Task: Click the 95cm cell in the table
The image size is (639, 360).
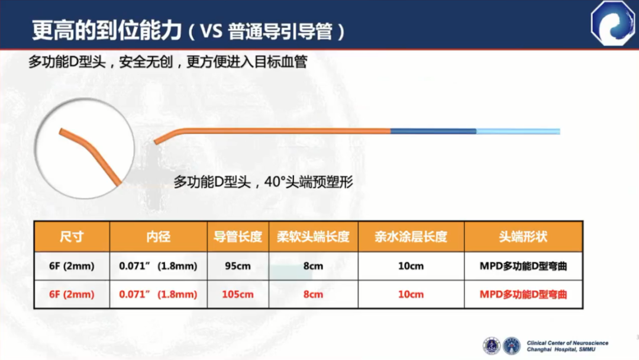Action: [x=238, y=266]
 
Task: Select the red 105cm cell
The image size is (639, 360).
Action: [x=238, y=294]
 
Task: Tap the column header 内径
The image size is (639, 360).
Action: [x=158, y=236]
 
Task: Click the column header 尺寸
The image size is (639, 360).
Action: [x=72, y=236]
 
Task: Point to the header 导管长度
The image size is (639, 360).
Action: [x=238, y=236]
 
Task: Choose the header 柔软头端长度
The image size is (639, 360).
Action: [x=313, y=236]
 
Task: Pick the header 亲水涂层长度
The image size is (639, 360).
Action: [x=411, y=236]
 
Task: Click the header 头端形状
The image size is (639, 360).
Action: [x=523, y=236]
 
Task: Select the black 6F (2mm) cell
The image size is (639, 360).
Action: [x=72, y=266]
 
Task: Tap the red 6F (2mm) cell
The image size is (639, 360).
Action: [x=72, y=294]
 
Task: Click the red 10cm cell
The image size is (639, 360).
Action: [x=411, y=294]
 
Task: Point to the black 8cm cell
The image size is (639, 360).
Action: [x=313, y=266]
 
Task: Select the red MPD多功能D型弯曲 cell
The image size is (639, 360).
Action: [x=523, y=294]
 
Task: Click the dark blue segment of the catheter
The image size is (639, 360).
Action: [x=433, y=131]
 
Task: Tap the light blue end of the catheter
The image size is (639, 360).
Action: [x=518, y=131]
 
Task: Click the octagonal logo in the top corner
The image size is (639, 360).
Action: [x=612, y=23]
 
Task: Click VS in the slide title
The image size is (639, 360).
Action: [x=211, y=31]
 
